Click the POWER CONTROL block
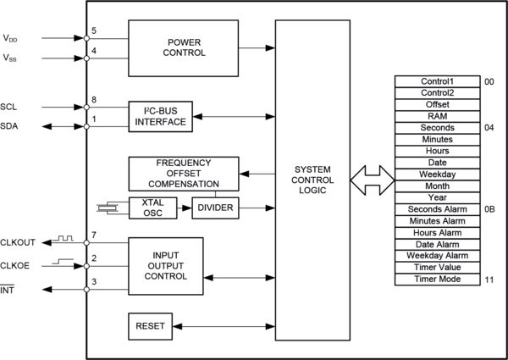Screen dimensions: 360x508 [186, 47]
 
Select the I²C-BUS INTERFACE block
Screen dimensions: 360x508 [159, 116]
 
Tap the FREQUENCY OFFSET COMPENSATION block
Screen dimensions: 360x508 [188, 173]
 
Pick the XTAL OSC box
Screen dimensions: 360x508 [152, 208]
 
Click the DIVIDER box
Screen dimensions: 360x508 [215, 208]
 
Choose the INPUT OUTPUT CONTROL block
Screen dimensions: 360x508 [166, 265]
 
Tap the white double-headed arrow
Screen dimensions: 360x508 [373, 180]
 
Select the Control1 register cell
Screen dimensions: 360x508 [438, 81]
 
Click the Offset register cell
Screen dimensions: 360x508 [438, 104]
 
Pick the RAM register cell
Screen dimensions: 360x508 [438, 116]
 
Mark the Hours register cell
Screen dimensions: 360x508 [438, 151]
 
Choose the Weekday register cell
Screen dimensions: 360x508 [438, 174]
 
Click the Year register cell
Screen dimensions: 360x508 [438, 197]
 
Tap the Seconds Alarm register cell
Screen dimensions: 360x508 [438, 209]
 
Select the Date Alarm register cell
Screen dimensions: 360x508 [438, 244]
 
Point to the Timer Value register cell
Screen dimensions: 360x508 [438, 267]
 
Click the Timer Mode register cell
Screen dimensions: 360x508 [438, 279]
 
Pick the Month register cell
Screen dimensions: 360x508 [438, 186]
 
